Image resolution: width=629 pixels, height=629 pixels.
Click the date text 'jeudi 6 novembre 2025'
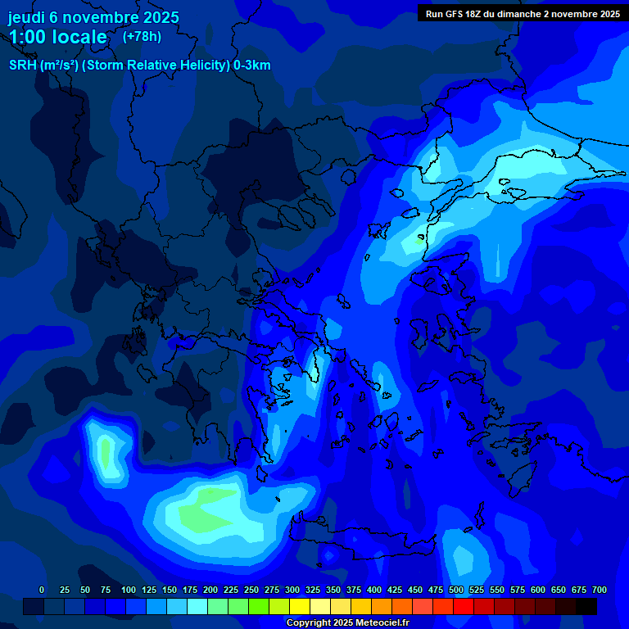click(x=93, y=17)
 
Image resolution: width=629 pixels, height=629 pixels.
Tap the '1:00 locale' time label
click(x=57, y=37)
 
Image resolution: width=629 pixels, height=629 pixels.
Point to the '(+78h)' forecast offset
click(x=142, y=37)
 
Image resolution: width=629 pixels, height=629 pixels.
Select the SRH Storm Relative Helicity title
click(x=139, y=66)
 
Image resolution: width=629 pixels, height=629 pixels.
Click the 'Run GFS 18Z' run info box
click(x=523, y=14)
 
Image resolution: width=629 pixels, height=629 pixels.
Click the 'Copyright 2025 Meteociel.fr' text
click(x=347, y=622)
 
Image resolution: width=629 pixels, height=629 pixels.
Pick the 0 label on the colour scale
click(x=42, y=591)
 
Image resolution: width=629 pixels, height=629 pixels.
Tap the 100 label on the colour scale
click(x=129, y=591)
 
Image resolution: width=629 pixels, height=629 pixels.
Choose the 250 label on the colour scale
click(x=251, y=591)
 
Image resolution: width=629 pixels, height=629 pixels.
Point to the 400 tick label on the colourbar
click(x=374, y=591)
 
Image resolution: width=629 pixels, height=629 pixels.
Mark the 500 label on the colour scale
click(x=456, y=591)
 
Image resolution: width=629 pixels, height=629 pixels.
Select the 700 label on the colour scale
click(x=600, y=591)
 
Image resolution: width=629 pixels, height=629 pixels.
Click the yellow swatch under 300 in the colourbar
click(x=300, y=606)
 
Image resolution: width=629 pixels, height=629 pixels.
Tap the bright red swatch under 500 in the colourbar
click(x=464, y=606)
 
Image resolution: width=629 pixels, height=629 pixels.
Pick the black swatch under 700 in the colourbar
click(x=586, y=606)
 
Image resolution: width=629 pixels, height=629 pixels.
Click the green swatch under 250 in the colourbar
click(x=259, y=606)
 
